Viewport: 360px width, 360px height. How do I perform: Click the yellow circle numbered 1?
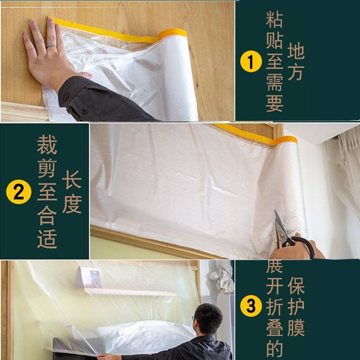[251, 62]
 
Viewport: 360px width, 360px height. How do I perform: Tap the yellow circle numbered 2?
[18, 193]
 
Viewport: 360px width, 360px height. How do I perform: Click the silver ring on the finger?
[51, 46]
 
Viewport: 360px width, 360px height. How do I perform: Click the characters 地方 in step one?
[296, 62]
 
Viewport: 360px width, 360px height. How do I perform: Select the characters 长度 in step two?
[72, 194]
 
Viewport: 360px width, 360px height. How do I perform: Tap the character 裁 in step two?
[47, 145]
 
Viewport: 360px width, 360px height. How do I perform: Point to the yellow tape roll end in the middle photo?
[287, 140]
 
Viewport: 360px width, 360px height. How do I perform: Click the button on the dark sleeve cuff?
[66, 98]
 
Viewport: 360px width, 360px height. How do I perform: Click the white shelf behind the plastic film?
[130, 292]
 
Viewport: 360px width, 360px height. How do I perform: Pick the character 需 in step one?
[274, 83]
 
